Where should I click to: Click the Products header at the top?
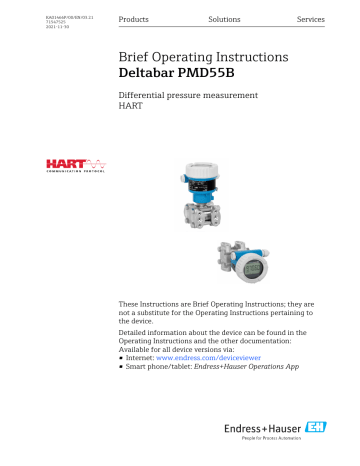(x=135, y=20)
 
